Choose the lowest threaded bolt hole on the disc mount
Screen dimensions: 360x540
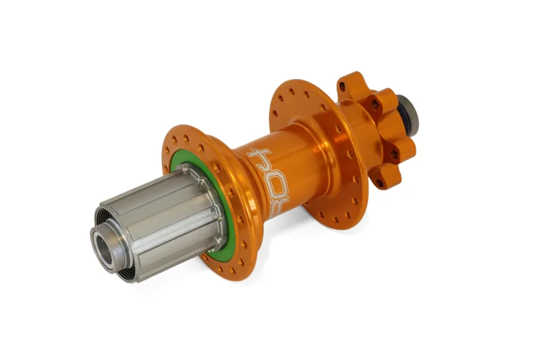click(x=379, y=182)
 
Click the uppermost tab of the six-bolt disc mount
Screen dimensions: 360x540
click(x=350, y=83)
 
